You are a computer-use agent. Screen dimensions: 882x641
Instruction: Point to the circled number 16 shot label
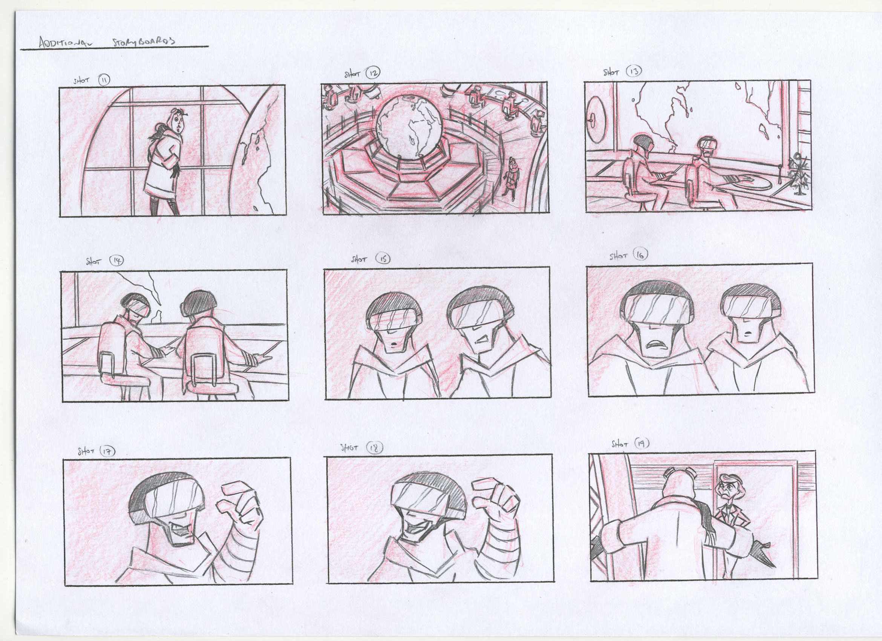tap(640, 255)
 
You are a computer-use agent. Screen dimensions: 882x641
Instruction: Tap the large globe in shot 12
tap(409, 126)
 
